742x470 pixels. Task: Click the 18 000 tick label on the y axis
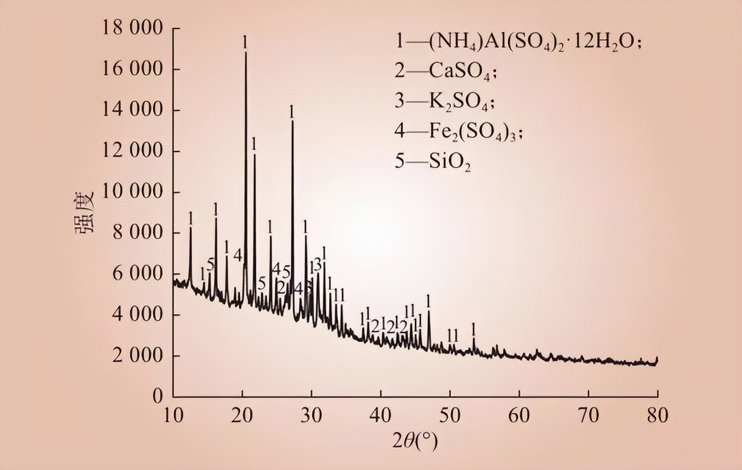133,28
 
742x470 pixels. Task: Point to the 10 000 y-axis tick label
133,192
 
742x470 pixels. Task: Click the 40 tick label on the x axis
380,415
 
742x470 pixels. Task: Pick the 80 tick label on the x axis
657,415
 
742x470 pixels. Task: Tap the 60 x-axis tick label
519,415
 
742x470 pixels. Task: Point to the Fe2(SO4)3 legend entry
459,132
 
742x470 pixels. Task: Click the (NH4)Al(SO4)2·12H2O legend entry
518,42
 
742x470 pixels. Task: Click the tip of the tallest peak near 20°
245,52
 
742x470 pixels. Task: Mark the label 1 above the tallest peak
245,42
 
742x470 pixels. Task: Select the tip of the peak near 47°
428,312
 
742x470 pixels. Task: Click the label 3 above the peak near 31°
318,264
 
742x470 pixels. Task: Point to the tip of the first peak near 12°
190,227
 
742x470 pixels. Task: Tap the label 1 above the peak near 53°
474,328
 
